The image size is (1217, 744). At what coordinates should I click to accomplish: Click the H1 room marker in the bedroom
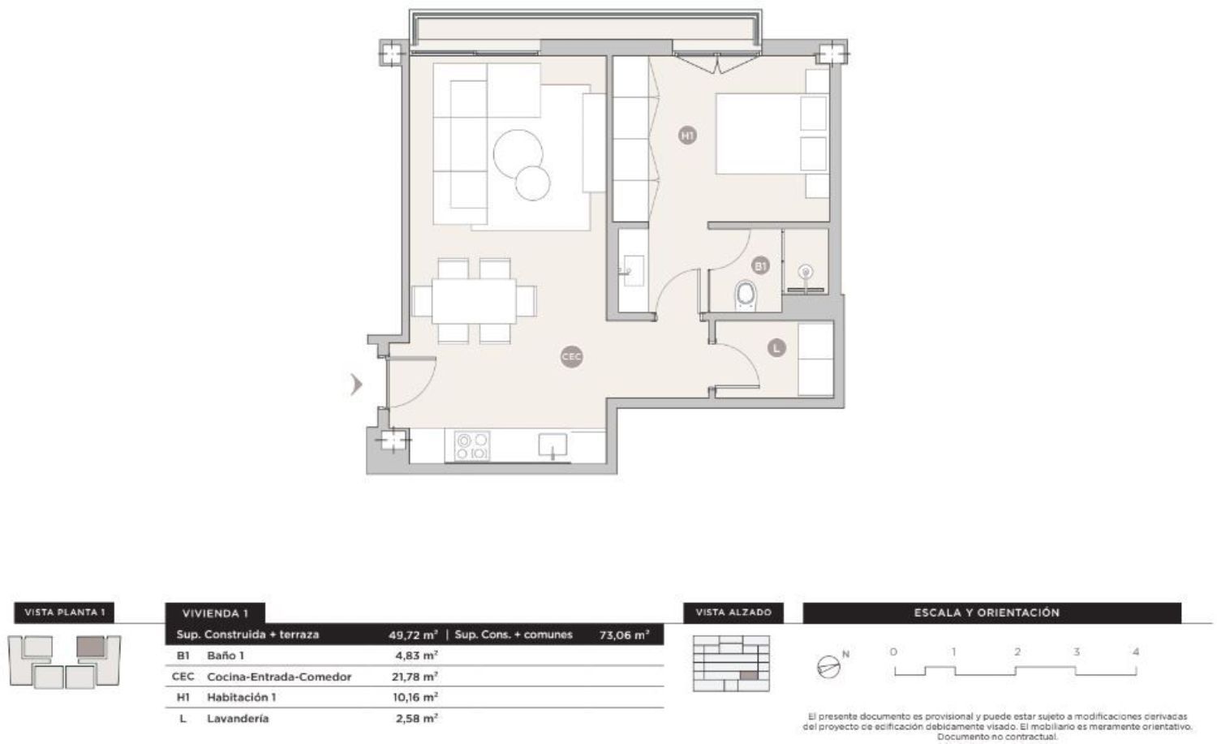pyautogui.click(x=687, y=135)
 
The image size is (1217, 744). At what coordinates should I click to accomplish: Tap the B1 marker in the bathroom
pyautogui.click(x=760, y=266)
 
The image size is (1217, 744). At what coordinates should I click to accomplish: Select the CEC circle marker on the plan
pyautogui.click(x=571, y=356)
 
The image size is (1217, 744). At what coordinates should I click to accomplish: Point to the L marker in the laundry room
pyautogui.click(x=777, y=347)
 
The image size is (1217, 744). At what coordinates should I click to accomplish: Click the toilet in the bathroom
pyautogui.click(x=746, y=295)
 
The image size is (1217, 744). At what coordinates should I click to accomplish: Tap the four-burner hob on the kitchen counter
pyautogui.click(x=472, y=445)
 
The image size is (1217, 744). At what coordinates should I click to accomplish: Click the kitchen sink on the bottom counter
pyautogui.click(x=553, y=445)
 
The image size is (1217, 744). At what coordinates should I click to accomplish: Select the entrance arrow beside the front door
pyautogui.click(x=356, y=385)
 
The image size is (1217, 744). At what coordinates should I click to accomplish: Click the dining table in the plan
pyautogui.click(x=475, y=301)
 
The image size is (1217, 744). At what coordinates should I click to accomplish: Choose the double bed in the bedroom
pyautogui.click(x=772, y=134)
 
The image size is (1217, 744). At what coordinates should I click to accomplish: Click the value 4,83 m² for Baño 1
pyautogui.click(x=416, y=656)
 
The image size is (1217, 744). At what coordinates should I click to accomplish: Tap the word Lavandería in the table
pyautogui.click(x=238, y=719)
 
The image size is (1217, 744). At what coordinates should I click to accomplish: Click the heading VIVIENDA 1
pyautogui.click(x=215, y=613)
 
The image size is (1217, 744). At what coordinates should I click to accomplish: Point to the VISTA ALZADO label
pyautogui.click(x=733, y=612)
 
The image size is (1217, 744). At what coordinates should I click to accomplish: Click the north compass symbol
pyautogui.click(x=828, y=667)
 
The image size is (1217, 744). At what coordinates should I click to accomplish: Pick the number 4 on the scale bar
pyautogui.click(x=1136, y=652)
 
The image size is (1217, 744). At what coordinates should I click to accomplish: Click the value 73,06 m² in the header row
pyautogui.click(x=624, y=634)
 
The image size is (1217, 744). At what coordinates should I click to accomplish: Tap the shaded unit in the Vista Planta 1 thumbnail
pyautogui.click(x=90, y=647)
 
